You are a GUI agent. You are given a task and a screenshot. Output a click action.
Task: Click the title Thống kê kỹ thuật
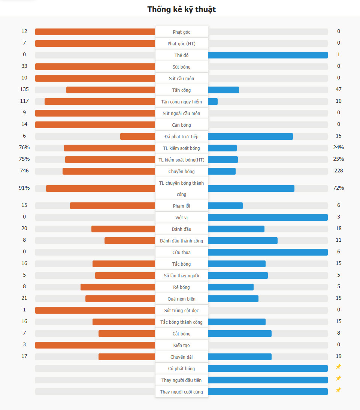pyautogui.click(x=181, y=9)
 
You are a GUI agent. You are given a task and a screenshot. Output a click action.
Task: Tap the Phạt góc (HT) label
pyautogui.click(x=181, y=44)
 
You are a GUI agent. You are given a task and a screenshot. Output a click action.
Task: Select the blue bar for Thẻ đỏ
pyautogui.click(x=267, y=55)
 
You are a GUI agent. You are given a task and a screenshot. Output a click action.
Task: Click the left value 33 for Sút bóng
pyautogui.click(x=24, y=66)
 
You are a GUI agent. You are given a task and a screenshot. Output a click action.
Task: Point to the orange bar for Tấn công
pyautogui.click(x=111, y=90)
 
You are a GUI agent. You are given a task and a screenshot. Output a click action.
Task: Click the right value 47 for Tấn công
pyautogui.click(x=339, y=90)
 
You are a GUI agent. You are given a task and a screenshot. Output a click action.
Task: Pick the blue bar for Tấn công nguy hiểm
pyautogui.click(x=213, y=102)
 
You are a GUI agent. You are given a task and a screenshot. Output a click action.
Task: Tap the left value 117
pyautogui.click(x=24, y=101)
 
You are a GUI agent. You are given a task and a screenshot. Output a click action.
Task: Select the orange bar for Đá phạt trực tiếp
pyautogui.click(x=138, y=136)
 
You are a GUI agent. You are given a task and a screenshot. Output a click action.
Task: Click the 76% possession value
pyautogui.click(x=24, y=148)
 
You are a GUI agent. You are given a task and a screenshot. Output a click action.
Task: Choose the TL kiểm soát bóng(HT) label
pyautogui.click(x=181, y=160)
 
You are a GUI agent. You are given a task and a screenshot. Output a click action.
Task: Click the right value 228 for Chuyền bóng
pyautogui.click(x=339, y=171)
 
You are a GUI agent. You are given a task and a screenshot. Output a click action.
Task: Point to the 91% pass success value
pyautogui.click(x=24, y=188)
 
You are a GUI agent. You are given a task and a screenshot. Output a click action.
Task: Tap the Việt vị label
pyautogui.click(x=181, y=218)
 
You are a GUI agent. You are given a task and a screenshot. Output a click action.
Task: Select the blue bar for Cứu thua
pyautogui.click(x=267, y=252)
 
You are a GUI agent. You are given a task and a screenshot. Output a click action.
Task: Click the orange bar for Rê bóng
pyautogui.click(x=118, y=287)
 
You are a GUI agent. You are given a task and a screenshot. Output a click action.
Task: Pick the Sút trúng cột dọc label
pyautogui.click(x=181, y=311)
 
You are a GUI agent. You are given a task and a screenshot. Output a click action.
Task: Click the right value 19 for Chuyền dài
pyautogui.click(x=339, y=356)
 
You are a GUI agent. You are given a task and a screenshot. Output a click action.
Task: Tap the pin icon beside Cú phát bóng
pyautogui.click(x=338, y=367)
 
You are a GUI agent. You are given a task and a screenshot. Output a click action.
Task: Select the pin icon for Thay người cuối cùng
pyautogui.click(x=338, y=390)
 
